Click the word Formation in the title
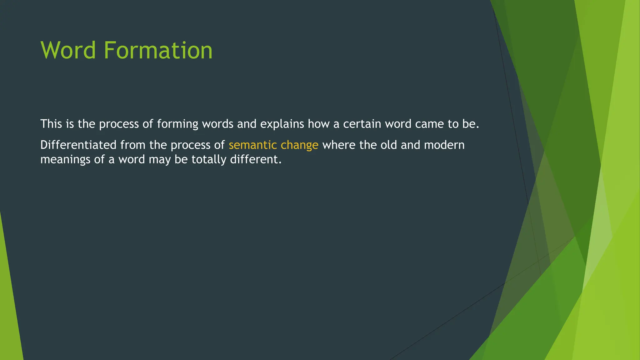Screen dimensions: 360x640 pyautogui.click(x=158, y=50)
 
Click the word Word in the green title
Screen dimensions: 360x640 pyautogui.click(x=68, y=50)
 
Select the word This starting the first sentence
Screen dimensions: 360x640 pyautogui.click(x=51, y=124)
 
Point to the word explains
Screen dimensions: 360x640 pyautogui.click(x=282, y=124)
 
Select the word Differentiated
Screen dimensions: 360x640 pyautogui.click(x=78, y=145)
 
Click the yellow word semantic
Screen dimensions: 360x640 pyautogui.click(x=252, y=145)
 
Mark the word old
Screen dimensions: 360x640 pyautogui.click(x=388, y=145)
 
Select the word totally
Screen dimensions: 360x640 pyautogui.click(x=209, y=160)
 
